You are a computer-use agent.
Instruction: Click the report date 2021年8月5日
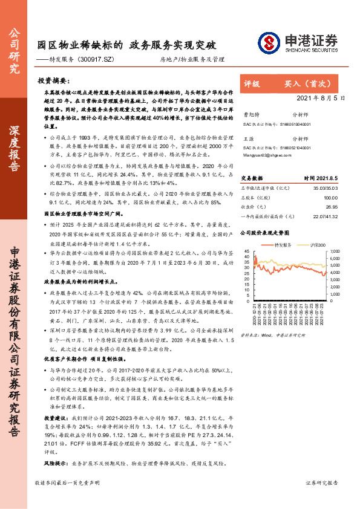(x=321, y=97)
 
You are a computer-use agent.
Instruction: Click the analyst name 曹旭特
(x=249, y=113)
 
